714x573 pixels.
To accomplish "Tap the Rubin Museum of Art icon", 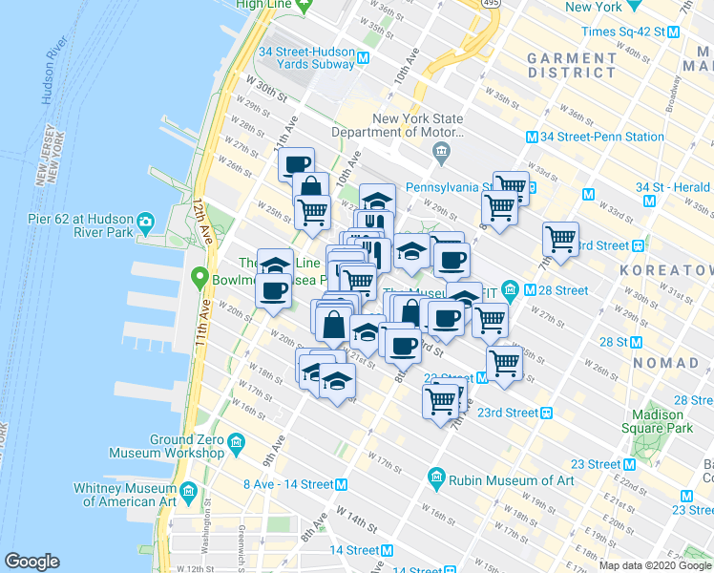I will point(436,476).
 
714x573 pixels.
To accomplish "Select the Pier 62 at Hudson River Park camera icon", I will point(146,223).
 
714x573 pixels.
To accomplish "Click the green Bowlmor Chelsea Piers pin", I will point(199,279).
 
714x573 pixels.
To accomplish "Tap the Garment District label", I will point(572,64).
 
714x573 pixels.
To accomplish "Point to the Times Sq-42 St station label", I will point(625,32).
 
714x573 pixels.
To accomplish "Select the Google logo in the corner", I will point(32,561).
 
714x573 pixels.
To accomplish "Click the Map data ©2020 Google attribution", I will point(654,565).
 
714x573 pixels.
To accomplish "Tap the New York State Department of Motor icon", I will point(441,151).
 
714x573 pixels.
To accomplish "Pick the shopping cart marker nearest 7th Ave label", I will point(559,238).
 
